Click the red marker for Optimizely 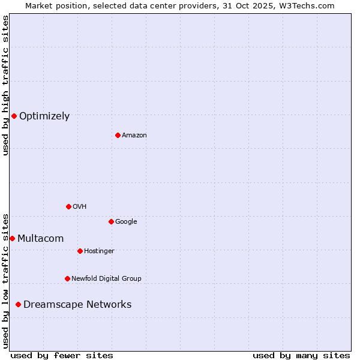[x=14, y=116]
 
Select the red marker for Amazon [x=118, y=135]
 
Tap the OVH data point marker [x=68, y=206]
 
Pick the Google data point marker [x=111, y=221]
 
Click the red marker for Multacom [x=12, y=238]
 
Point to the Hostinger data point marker [x=80, y=251]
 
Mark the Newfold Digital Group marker [x=67, y=278]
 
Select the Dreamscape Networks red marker [x=18, y=304]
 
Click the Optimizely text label [x=44, y=116]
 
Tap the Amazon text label [x=134, y=136]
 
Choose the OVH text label [x=79, y=207]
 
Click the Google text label [x=126, y=222]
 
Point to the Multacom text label [x=40, y=239]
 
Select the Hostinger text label [x=99, y=251]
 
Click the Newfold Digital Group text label [x=106, y=279]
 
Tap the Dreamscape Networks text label [x=77, y=305]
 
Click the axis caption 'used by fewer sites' [x=62, y=355]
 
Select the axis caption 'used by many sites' [x=301, y=355]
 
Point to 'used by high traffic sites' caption [x=5, y=85]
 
